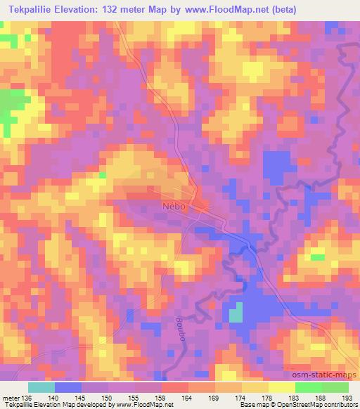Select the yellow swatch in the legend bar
(x=281, y=387)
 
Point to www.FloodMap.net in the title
(x=223, y=10)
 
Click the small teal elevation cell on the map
(x=236, y=311)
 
